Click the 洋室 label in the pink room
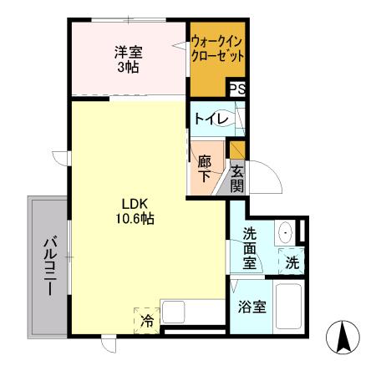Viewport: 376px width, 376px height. coord(127,53)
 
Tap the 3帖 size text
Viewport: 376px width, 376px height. coord(127,67)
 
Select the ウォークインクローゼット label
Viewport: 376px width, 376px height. coord(218,49)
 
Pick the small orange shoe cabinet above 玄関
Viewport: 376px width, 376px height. coord(238,151)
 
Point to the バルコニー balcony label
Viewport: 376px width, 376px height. coord(48,267)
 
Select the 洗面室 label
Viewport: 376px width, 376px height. coord(250,248)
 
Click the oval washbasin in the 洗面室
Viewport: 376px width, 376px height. coord(285,233)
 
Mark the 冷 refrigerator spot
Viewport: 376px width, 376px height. coord(147,319)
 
